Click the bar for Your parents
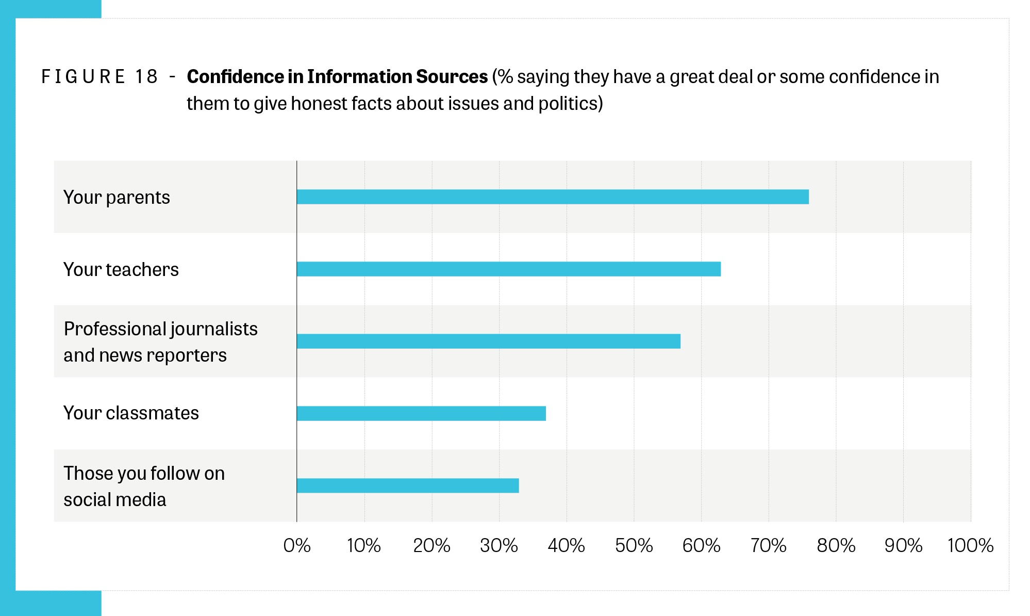552,197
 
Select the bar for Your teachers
508,269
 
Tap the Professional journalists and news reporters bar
488,342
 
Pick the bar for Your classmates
421,414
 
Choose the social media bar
407,486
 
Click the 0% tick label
297,546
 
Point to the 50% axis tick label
634,546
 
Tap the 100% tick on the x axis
970,546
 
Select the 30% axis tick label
499,546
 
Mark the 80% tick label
836,546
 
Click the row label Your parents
117,198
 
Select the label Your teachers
121,270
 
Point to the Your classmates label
131,413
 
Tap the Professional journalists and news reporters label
160,342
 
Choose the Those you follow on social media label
144,487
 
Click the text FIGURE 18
99,77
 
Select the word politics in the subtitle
570,104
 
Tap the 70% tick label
768,546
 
